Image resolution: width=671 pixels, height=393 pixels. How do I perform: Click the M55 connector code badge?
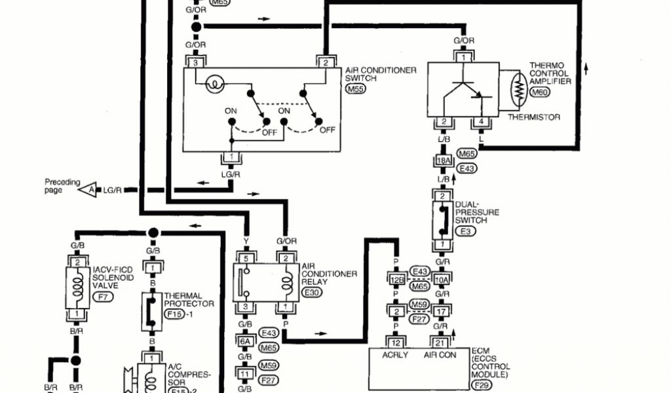(356, 88)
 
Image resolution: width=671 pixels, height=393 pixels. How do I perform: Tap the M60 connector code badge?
(540, 93)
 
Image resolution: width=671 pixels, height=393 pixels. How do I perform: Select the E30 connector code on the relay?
(312, 293)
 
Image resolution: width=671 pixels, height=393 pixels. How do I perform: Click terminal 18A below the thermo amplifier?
(443, 161)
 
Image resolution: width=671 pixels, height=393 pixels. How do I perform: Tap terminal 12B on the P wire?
(395, 280)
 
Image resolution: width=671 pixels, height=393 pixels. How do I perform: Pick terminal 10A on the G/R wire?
(443, 280)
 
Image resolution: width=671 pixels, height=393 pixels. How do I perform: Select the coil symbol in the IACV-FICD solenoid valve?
(78, 288)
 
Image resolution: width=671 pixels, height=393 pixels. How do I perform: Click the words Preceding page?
(62, 186)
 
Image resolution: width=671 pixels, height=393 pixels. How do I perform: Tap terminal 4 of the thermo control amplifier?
(480, 122)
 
